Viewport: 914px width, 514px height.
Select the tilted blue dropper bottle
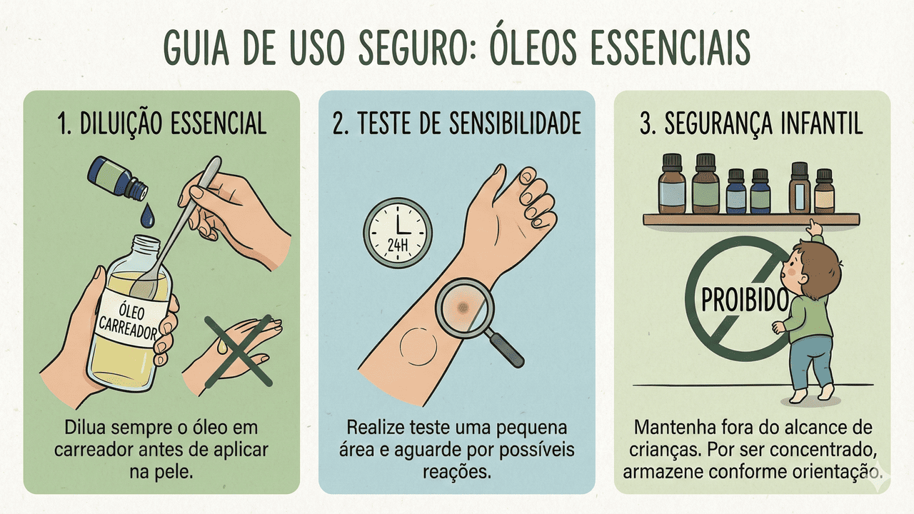coord(118,178)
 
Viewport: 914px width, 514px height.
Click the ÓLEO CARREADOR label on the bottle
coord(127,321)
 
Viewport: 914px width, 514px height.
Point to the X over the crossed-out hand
coord(238,351)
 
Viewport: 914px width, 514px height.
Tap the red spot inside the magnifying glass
coord(462,307)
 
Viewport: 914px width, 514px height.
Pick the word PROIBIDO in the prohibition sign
coord(744,300)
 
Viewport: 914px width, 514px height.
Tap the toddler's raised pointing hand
coord(814,227)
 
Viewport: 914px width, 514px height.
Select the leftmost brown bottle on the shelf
coord(672,183)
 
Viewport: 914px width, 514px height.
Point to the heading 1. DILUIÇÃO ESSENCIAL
coord(162,123)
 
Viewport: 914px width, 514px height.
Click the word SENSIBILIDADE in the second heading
coord(516,123)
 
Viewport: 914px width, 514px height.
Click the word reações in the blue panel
coord(456,472)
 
